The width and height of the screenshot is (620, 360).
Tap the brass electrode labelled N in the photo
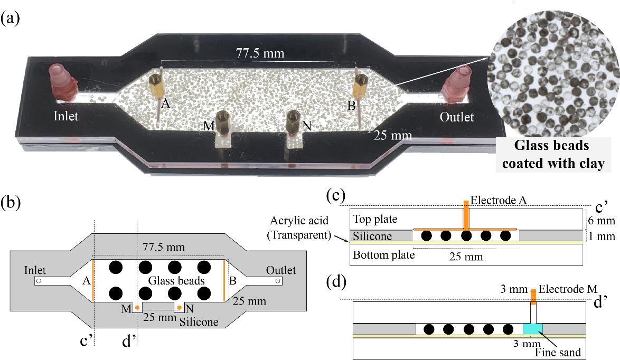[x=294, y=122]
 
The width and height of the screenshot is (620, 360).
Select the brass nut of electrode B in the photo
[x=361, y=83]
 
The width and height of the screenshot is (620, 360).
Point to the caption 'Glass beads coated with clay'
[x=552, y=155]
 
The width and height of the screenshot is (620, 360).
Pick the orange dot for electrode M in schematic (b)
[x=137, y=307]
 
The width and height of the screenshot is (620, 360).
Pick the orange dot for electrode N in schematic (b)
[x=180, y=307]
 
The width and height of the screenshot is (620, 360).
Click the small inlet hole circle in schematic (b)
[x=39, y=281]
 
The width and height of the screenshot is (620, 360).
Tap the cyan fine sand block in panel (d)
[x=532, y=329]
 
